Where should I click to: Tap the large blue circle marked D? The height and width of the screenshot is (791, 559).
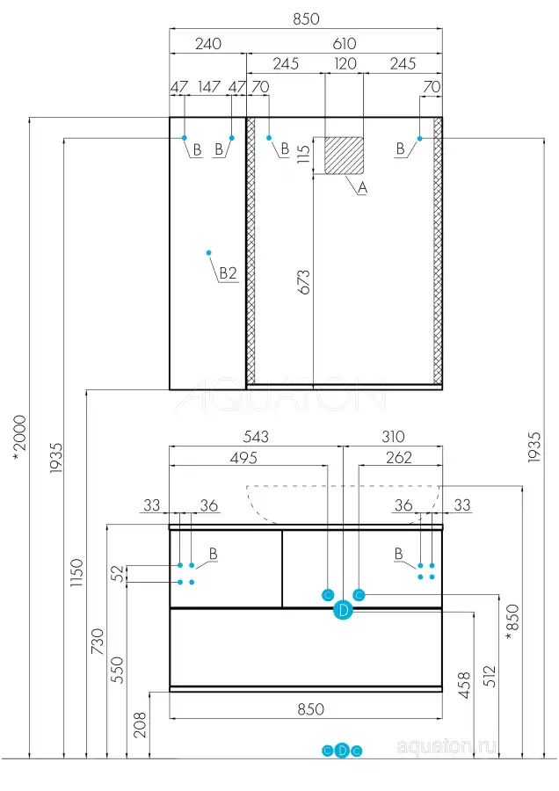click(343, 611)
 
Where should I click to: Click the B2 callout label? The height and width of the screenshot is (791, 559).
click(228, 274)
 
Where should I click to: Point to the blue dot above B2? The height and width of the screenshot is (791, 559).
click(208, 253)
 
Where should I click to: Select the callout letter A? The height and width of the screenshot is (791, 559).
click(362, 187)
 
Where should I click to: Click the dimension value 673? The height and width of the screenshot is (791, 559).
click(303, 280)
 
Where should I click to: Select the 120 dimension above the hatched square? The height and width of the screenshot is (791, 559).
click(344, 64)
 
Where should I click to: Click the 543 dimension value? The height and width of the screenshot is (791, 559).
click(255, 437)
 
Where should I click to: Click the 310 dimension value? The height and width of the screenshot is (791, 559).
click(393, 437)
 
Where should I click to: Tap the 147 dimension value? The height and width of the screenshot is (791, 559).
click(208, 86)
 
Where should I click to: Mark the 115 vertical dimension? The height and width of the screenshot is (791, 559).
click(303, 155)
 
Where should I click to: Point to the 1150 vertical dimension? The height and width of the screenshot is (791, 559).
click(76, 574)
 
